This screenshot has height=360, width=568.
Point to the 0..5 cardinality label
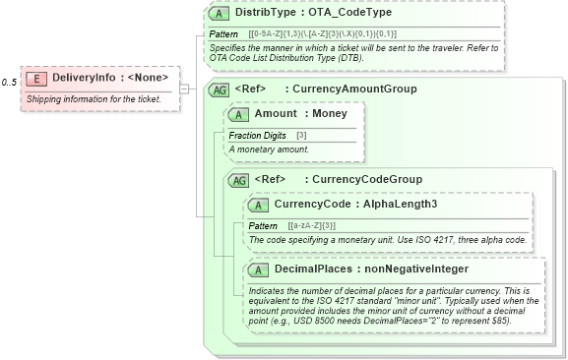coord(10,82)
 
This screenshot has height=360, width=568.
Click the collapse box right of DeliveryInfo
coord(184,87)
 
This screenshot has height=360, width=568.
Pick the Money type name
coord(330,114)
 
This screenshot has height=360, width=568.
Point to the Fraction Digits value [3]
coord(301,135)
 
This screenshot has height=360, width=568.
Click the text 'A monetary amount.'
coord(269,150)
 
